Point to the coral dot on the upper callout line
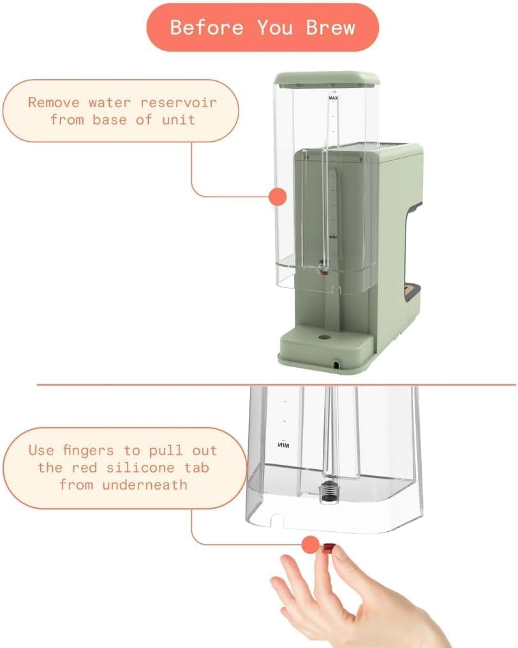(277, 197)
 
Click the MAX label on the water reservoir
(332, 99)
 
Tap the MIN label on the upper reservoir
(332, 236)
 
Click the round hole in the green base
(325, 335)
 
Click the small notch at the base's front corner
(336, 365)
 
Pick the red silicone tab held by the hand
(328, 547)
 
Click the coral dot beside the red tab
(310, 545)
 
